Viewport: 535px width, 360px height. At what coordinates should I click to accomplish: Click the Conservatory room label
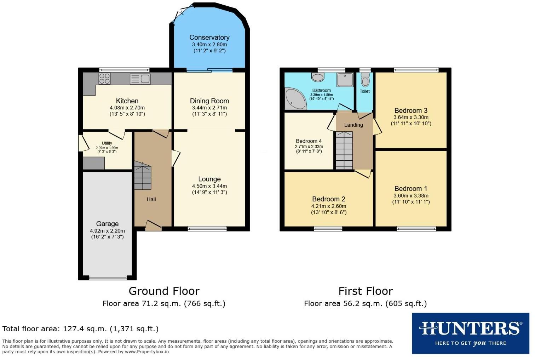coord(209,38)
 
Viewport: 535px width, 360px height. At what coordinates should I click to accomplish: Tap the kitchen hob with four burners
coord(104,78)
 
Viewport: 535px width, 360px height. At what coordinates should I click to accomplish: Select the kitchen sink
coord(140,79)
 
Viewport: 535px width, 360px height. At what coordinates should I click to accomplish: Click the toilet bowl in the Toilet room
coord(365,81)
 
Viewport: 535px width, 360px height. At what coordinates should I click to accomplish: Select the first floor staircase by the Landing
coord(344,150)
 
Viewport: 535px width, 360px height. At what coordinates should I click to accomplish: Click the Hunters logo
coord(470,333)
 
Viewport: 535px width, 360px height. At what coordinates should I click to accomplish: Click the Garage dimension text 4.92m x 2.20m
coord(107,231)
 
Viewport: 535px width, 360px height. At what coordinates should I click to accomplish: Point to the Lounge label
coord(209,179)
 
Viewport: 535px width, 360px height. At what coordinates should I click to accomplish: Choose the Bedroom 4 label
coord(309,141)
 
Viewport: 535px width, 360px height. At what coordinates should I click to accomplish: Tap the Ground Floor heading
coord(164,291)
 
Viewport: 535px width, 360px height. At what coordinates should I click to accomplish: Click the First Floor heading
coord(365,291)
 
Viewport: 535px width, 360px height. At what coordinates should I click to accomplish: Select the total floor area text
coord(80,328)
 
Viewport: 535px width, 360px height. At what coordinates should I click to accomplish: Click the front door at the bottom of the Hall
coord(153,226)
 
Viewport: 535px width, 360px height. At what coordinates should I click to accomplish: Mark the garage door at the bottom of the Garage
coord(108,278)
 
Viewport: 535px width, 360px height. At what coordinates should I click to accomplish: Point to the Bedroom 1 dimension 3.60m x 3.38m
coord(410,195)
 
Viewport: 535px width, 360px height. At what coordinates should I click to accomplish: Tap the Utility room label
coord(107,143)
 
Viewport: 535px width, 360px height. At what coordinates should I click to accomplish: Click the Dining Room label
coord(209,101)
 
